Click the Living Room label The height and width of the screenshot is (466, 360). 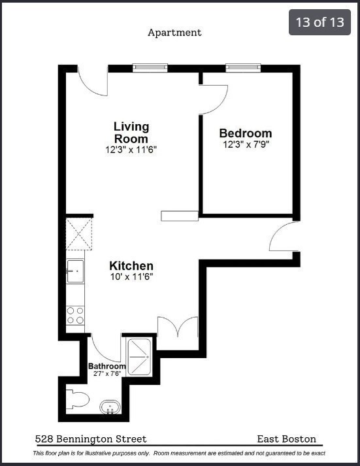click(x=131, y=132)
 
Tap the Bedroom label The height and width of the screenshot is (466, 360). click(x=245, y=133)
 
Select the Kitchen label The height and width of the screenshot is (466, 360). click(x=131, y=266)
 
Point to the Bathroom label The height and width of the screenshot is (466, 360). click(x=107, y=366)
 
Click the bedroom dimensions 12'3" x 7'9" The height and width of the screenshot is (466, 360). click(x=245, y=144)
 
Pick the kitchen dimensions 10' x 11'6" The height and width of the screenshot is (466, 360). click(x=131, y=277)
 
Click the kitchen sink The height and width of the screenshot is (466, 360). click(x=75, y=271)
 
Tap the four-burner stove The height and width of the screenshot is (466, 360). click(x=75, y=316)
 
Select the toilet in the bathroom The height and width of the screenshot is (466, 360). click(x=77, y=399)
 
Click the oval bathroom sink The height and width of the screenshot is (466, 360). click(x=110, y=409)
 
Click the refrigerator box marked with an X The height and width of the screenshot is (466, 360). click(x=79, y=233)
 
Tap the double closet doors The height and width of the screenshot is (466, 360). click(x=178, y=330)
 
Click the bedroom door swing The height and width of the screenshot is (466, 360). click(x=214, y=98)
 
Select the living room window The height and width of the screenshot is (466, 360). click(x=150, y=67)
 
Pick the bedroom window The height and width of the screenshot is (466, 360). click(x=243, y=67)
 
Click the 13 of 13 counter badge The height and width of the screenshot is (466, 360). click(x=319, y=22)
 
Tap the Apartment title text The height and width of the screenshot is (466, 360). click(x=174, y=32)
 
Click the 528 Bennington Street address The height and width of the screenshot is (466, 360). click(x=91, y=439)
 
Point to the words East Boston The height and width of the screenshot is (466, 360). click(x=287, y=439)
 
